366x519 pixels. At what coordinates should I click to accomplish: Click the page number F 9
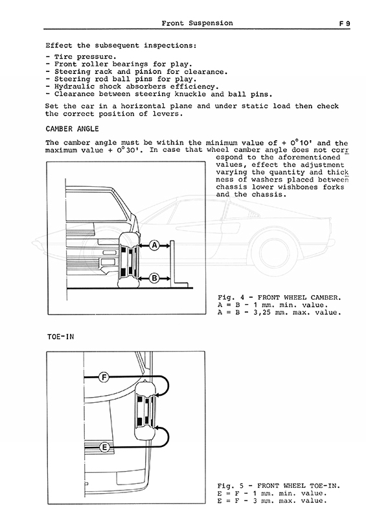(x=344, y=23)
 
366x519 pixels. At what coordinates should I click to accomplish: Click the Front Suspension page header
(x=197, y=23)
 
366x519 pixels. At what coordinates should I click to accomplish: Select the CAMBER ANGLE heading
(x=72, y=128)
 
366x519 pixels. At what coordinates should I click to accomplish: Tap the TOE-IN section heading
(x=60, y=337)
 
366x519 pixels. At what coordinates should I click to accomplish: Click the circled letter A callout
(x=154, y=246)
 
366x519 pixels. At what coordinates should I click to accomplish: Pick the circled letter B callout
(x=154, y=278)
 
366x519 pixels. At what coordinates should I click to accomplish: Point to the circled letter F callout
(x=104, y=377)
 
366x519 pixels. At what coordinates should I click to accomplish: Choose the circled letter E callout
(x=104, y=448)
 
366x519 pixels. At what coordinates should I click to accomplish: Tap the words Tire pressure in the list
(x=86, y=56)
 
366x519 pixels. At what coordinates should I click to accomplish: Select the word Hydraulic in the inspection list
(x=74, y=87)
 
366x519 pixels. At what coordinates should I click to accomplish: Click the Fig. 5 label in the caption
(x=231, y=486)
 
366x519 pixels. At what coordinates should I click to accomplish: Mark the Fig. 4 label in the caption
(x=231, y=298)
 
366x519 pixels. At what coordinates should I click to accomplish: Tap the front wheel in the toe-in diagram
(x=144, y=411)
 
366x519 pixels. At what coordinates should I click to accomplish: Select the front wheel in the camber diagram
(x=128, y=261)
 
